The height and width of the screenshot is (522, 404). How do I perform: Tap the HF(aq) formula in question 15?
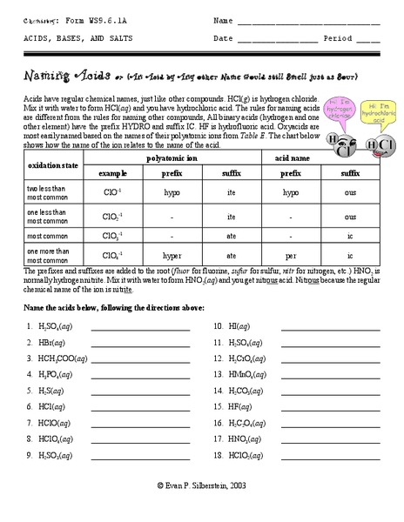[x=239, y=406]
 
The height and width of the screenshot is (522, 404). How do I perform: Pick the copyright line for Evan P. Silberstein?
[x=202, y=510]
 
